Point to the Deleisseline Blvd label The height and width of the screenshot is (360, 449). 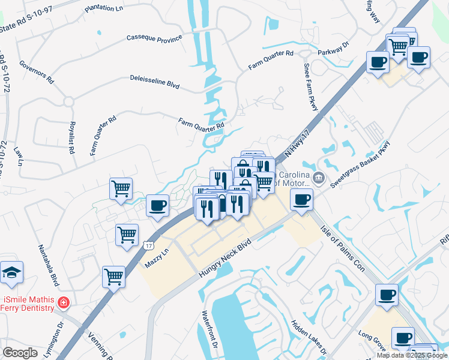pos(155,82)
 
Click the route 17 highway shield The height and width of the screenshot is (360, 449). pos(148,245)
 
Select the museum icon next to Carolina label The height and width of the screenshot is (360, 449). pos(318,178)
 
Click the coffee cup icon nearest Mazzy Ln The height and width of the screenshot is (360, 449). pos(158,205)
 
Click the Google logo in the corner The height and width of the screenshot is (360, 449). pos(20,353)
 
